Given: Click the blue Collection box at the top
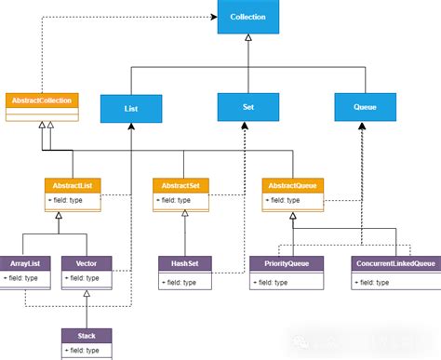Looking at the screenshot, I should point(247,17).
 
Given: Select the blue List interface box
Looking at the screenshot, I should point(131,108).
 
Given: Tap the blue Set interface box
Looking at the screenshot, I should point(247,106).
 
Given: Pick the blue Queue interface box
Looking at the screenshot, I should point(364,106).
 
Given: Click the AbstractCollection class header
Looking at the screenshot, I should point(41,100).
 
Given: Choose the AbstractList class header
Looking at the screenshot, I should point(73,185).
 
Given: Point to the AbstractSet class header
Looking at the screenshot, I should point(183,185).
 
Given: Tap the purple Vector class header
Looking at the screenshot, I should point(87,263).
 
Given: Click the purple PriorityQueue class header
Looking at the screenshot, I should point(287,263).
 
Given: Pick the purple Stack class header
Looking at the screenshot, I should point(87,335).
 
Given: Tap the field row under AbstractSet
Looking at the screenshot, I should point(183,200).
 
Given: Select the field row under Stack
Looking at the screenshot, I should point(87,351).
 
